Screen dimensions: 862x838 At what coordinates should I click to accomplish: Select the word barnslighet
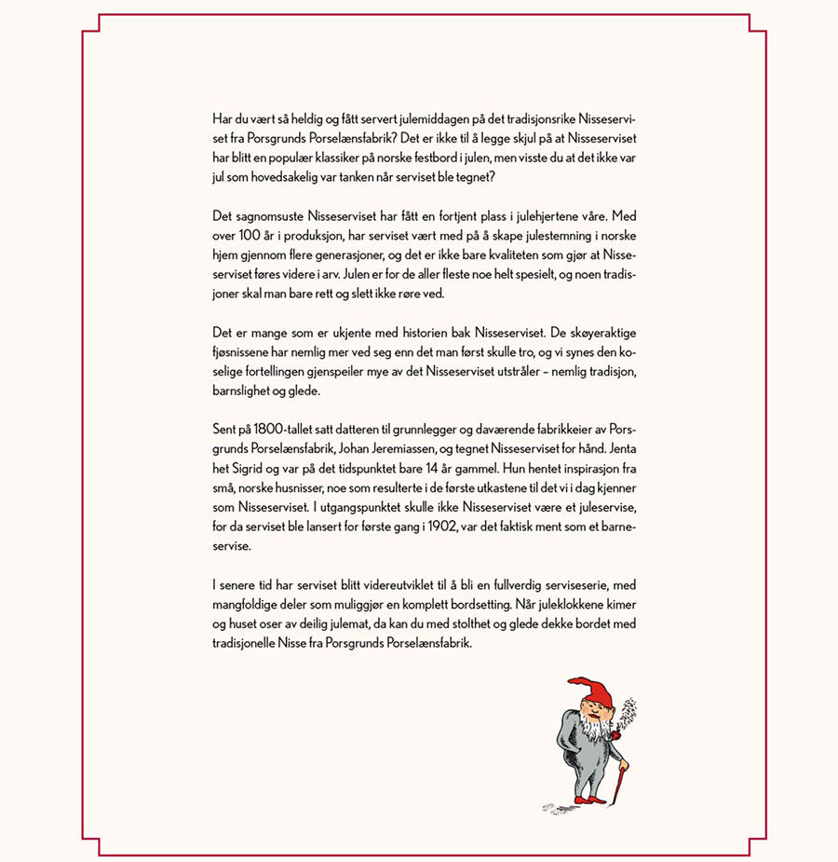(x=244, y=390)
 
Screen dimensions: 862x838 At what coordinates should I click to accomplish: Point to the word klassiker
(x=360, y=158)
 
